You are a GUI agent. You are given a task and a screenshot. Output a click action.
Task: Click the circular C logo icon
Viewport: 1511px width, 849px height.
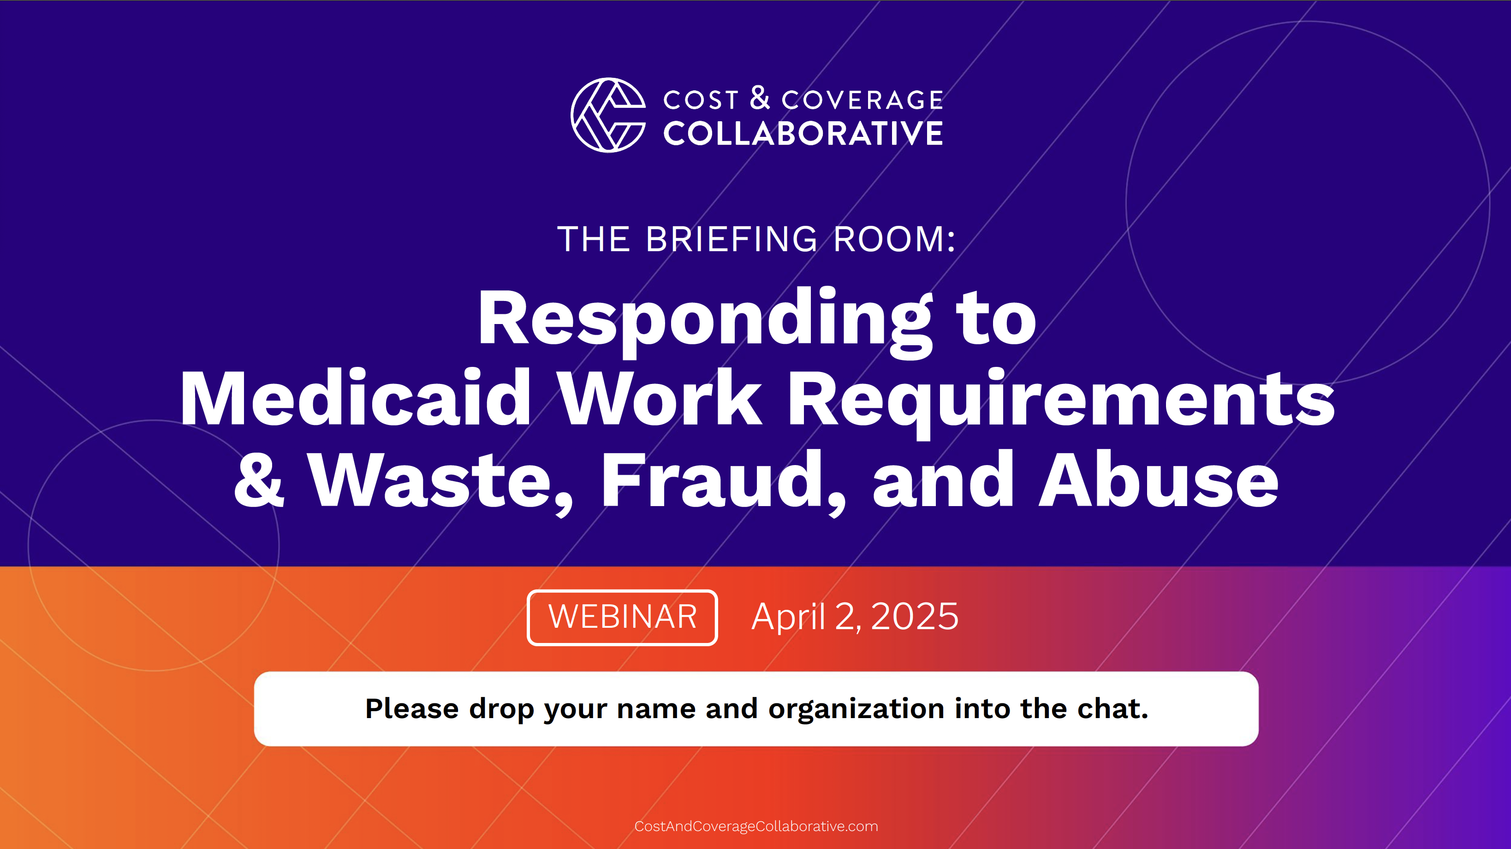point(608,115)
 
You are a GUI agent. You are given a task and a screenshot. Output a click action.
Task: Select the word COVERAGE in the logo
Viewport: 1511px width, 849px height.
point(862,100)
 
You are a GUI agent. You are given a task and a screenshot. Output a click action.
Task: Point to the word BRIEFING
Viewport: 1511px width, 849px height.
point(732,239)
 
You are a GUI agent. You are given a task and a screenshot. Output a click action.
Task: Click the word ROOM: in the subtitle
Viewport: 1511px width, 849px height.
point(894,239)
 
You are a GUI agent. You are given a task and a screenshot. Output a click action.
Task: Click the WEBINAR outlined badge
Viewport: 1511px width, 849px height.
point(622,618)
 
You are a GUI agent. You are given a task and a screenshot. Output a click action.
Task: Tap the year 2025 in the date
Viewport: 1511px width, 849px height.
point(915,617)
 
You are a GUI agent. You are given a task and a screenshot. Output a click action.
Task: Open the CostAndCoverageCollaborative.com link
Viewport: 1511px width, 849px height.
point(756,826)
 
